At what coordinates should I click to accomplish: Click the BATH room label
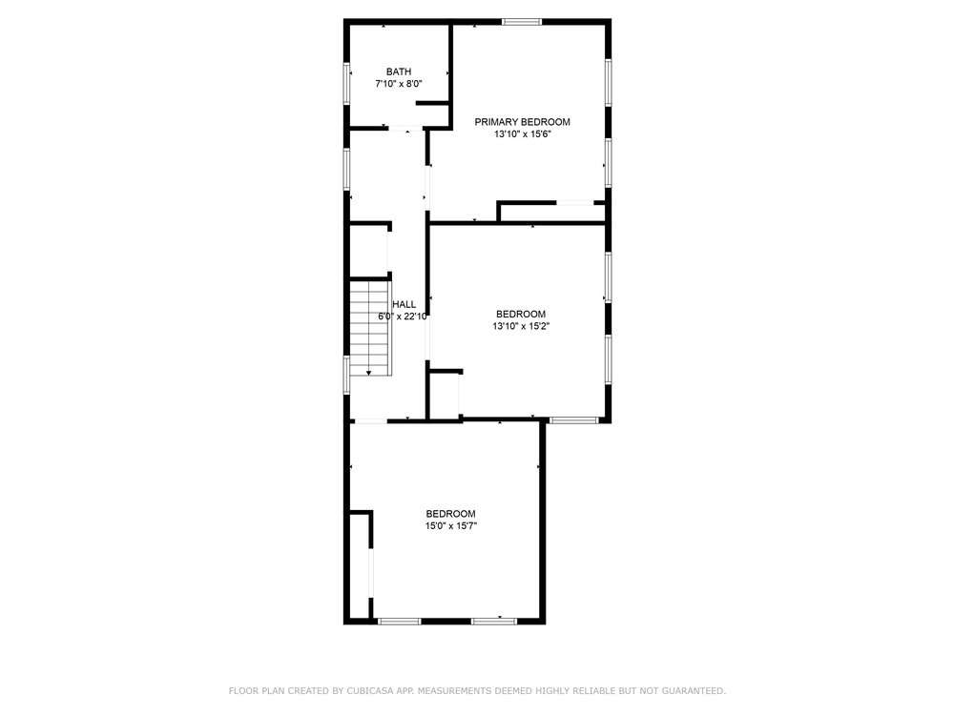click(x=399, y=71)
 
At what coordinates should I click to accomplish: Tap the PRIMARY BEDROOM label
click(x=522, y=122)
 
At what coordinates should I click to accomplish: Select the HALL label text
click(x=404, y=305)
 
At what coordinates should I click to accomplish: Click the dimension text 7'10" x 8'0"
click(x=399, y=84)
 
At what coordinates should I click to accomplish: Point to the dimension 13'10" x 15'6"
click(x=522, y=134)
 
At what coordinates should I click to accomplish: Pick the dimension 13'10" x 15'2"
click(x=521, y=326)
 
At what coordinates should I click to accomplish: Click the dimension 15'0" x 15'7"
click(x=451, y=526)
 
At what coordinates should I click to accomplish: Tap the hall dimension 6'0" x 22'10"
click(x=403, y=317)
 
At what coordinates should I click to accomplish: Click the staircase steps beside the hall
click(x=369, y=328)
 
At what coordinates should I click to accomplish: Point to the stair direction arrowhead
click(x=368, y=373)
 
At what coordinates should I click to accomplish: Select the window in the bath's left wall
click(x=347, y=84)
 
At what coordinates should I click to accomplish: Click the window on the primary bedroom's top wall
click(x=522, y=23)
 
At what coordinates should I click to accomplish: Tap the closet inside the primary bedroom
click(x=551, y=213)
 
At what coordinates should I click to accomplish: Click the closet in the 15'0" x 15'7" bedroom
click(x=360, y=565)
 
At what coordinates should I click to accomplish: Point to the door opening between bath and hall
click(x=405, y=129)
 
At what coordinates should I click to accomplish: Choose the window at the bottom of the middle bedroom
click(x=574, y=420)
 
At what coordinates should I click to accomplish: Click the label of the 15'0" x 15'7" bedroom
click(x=451, y=514)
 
